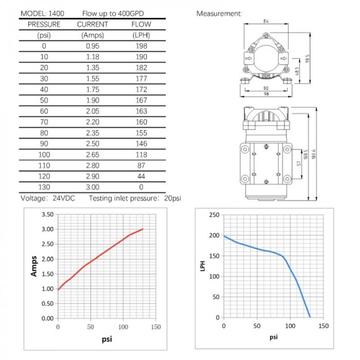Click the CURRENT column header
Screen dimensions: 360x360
click(x=93, y=24)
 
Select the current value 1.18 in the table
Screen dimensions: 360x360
click(x=93, y=57)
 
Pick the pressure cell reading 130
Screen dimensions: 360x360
click(x=44, y=187)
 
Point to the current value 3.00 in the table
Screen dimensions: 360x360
click(x=93, y=187)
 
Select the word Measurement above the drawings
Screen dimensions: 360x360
click(x=219, y=14)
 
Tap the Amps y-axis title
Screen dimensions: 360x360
click(x=34, y=266)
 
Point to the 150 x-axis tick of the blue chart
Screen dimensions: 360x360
click(x=323, y=326)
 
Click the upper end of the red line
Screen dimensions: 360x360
click(x=143, y=229)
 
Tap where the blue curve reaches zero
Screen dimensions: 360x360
click(x=310, y=317)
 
